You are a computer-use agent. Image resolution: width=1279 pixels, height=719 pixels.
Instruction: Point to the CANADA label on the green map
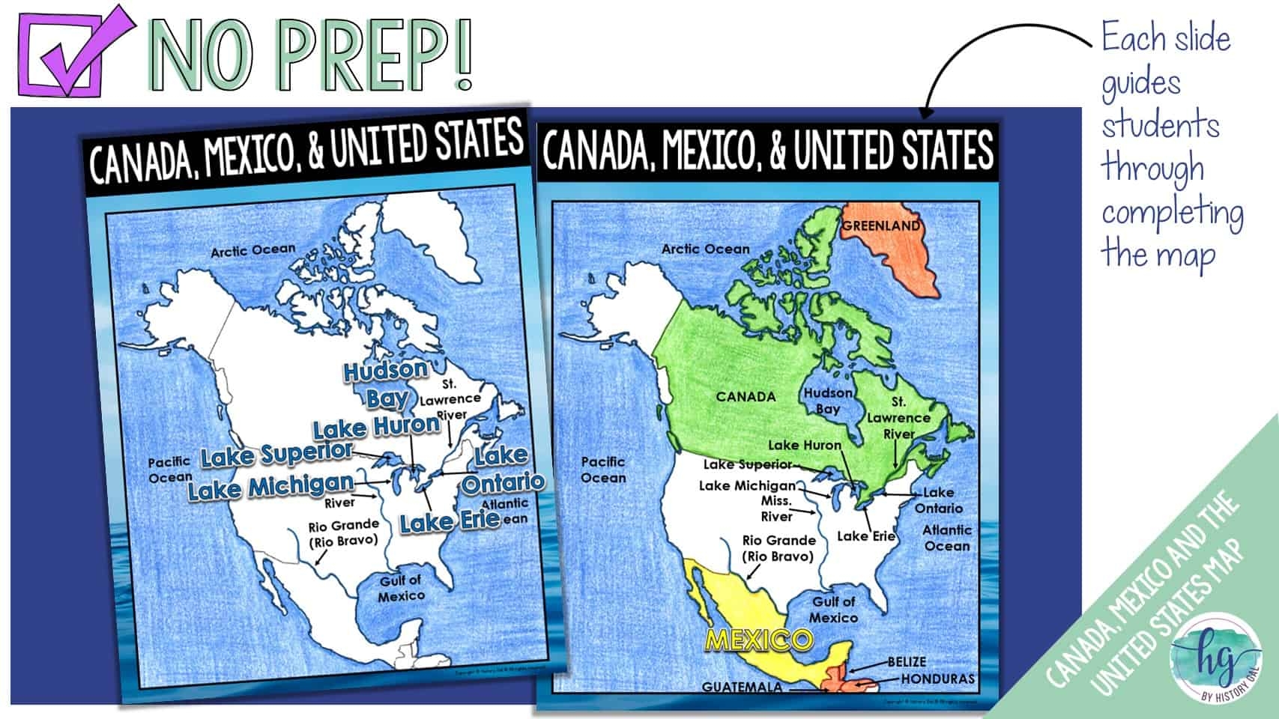746,396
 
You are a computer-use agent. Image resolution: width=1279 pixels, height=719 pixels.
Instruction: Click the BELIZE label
907,662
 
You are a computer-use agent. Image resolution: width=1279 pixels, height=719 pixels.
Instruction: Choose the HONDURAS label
937,679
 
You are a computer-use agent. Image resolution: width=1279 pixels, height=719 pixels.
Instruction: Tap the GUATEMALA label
742,687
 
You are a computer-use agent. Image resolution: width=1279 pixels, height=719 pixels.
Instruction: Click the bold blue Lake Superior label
276,454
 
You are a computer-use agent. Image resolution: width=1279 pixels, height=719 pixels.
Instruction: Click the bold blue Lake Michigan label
270,488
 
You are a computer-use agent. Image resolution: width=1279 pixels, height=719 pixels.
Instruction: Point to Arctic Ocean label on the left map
253,250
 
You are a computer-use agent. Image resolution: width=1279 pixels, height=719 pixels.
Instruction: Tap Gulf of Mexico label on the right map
833,610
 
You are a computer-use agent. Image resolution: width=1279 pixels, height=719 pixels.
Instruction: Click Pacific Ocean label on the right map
603,470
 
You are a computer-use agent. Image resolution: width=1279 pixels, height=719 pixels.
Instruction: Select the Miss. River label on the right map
776,509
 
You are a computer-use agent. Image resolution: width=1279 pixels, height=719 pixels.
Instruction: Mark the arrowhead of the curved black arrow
927,112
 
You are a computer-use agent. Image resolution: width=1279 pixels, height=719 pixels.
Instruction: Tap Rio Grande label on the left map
343,532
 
